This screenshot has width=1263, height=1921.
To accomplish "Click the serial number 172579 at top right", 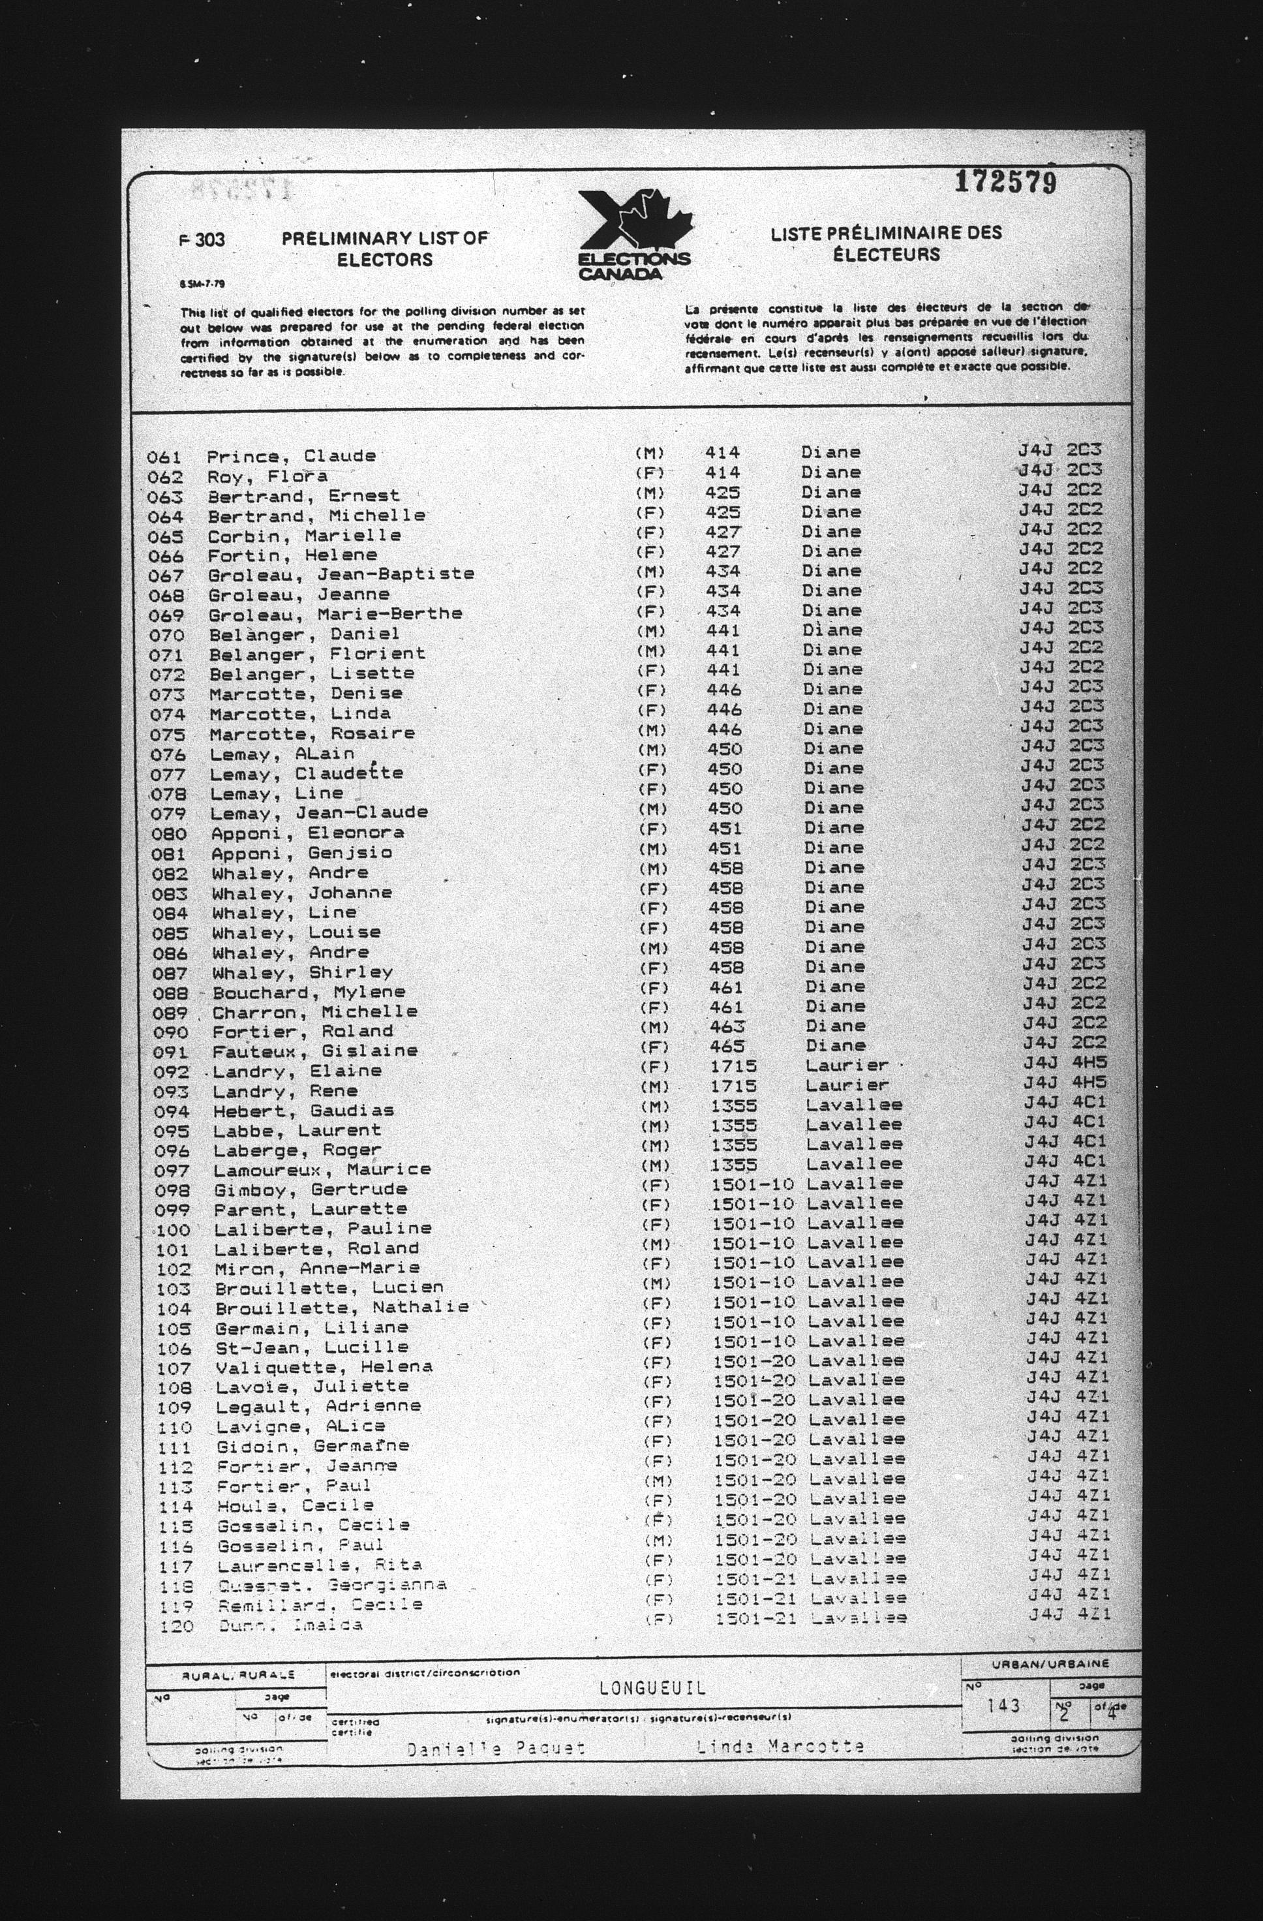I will click(1005, 183).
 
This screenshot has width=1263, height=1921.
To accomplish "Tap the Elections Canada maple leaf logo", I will click(635, 235).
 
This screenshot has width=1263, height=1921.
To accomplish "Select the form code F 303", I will click(202, 239).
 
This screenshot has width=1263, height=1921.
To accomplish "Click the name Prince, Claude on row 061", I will click(290, 456).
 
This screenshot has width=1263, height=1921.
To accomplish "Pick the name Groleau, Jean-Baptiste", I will click(341, 575).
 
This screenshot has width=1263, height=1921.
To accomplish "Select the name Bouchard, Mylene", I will click(309, 992).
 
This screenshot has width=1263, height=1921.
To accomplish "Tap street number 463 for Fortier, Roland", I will click(726, 1026).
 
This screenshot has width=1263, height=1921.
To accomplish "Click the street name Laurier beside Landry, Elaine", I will click(847, 1066).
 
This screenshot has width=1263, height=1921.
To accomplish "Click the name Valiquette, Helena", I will click(324, 1367).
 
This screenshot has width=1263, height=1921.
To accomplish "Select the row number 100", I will click(174, 1230).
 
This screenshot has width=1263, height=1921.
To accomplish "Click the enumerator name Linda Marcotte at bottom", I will click(780, 1746).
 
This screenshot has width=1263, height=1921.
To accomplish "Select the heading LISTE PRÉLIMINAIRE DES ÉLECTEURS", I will click(885, 243).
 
